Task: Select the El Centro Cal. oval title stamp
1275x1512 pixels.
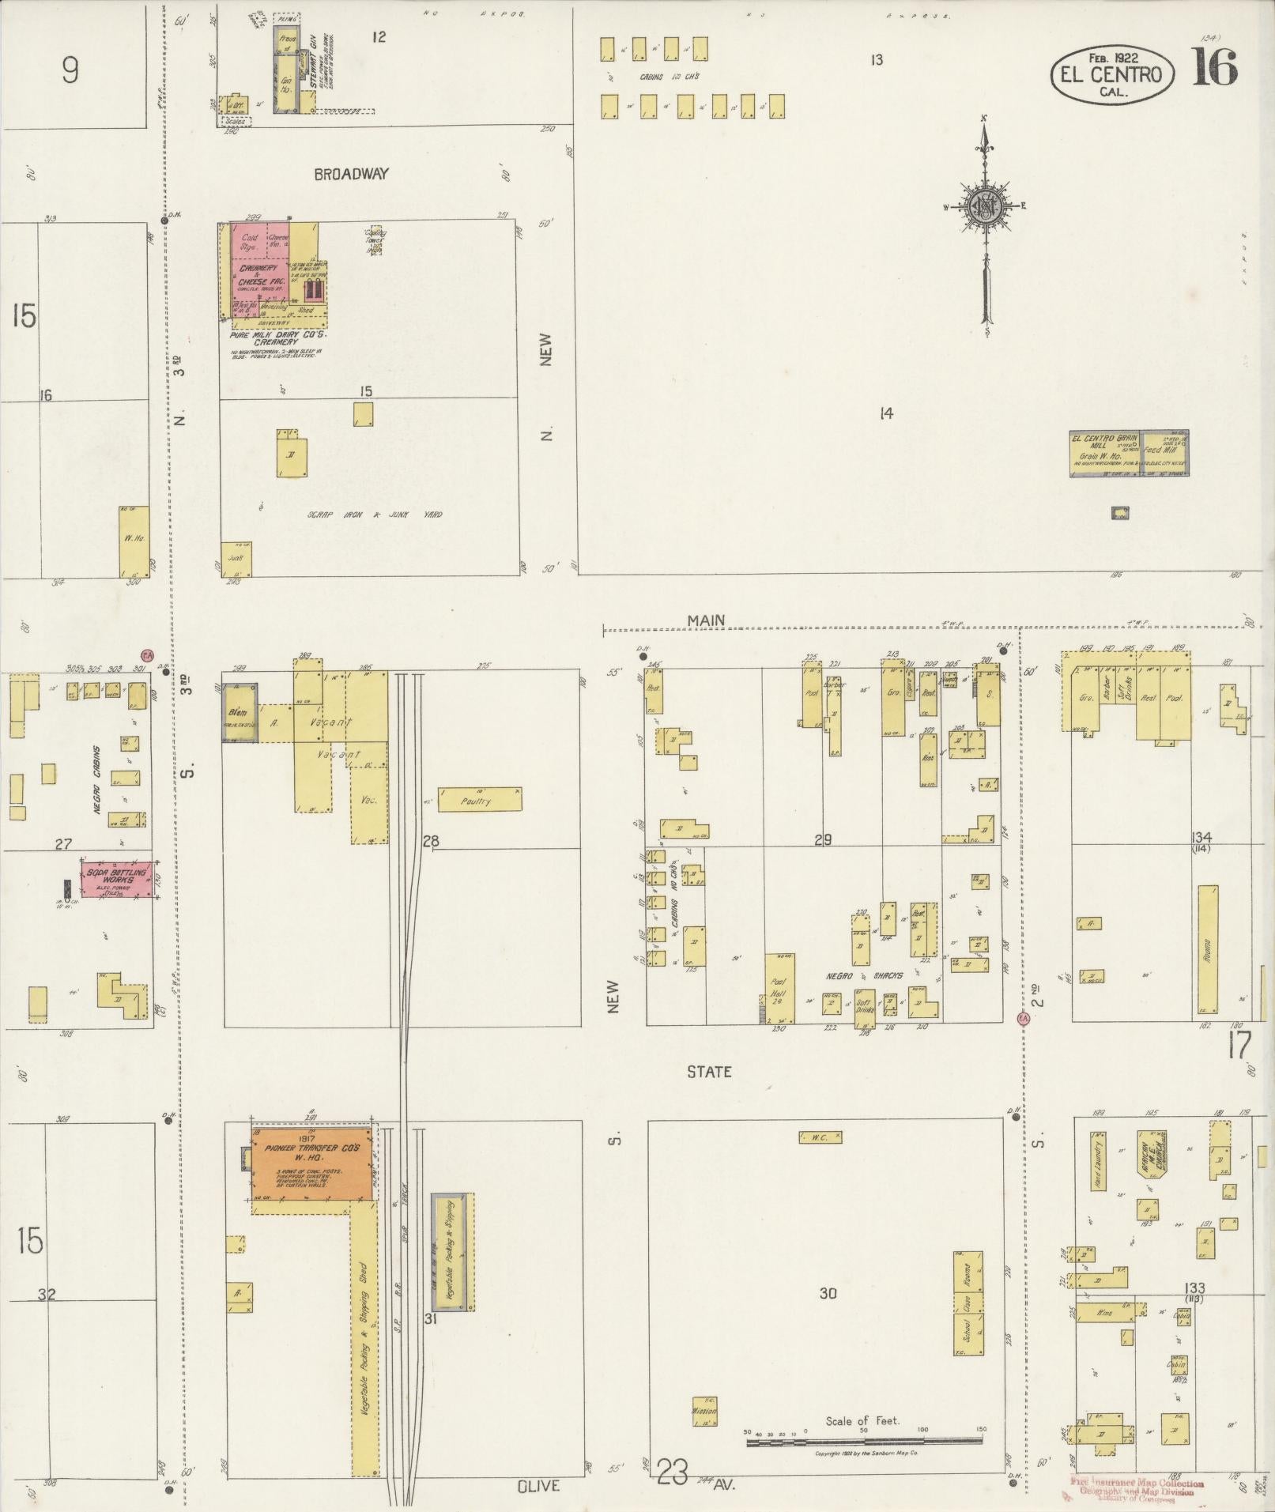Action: tap(1111, 74)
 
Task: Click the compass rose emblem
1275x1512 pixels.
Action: tap(986, 207)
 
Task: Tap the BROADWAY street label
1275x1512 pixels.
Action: tap(351, 174)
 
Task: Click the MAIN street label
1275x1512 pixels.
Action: tap(705, 620)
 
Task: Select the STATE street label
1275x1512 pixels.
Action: tap(708, 1072)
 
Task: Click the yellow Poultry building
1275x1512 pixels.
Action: tap(480, 800)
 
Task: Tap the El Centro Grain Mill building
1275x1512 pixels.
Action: tap(1129, 454)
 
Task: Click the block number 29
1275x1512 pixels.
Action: tap(822, 839)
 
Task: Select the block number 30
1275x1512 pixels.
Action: tap(827, 1294)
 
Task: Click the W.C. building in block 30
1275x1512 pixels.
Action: tap(820, 1137)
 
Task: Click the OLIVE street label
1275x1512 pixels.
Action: tap(538, 1486)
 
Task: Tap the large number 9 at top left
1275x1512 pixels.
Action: tap(70, 72)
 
